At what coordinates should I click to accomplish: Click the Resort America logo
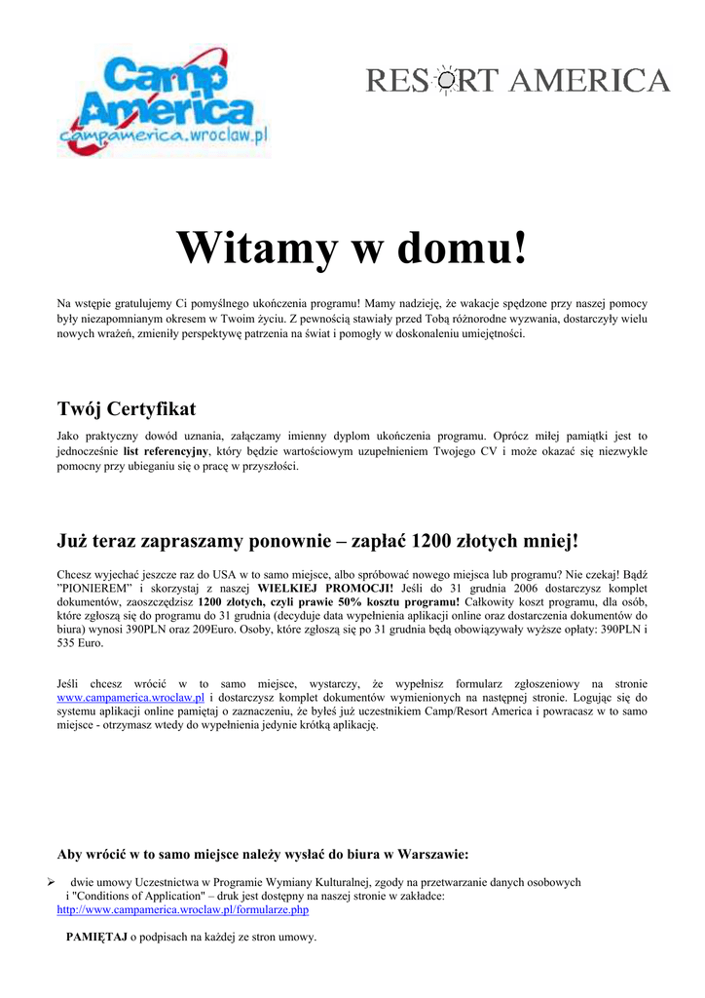518,81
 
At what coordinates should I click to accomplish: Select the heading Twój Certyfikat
127,408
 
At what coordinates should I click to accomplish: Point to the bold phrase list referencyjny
167,451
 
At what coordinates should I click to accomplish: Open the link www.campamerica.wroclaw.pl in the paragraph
130,698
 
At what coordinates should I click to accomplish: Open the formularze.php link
183,909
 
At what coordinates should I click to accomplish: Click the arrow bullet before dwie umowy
53,881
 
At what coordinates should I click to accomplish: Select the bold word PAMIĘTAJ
96,937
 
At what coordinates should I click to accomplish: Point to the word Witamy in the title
256,249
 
